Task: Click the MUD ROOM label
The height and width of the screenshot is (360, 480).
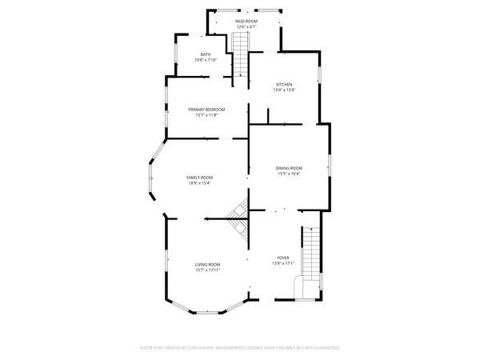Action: coord(246,20)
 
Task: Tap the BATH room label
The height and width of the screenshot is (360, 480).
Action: coord(206,54)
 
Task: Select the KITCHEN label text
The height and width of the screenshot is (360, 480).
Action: coord(284,84)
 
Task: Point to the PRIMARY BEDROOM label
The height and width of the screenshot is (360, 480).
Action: coord(206,109)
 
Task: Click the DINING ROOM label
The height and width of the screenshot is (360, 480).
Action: coord(289,168)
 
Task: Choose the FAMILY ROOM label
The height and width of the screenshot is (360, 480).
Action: coord(199,178)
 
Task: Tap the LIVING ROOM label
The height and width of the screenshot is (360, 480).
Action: coord(207,264)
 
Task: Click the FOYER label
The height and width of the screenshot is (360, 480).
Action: coord(284,258)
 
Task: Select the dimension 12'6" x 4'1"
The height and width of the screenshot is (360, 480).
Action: coord(246,26)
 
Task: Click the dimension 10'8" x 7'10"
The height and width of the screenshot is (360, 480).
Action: coord(206,60)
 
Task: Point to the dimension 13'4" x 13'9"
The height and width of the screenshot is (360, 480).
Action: coord(284,90)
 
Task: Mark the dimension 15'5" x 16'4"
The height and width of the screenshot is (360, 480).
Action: coord(289,174)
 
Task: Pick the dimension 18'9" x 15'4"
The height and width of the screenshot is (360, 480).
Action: coord(199,183)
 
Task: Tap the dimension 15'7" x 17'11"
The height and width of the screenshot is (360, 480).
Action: coord(207,270)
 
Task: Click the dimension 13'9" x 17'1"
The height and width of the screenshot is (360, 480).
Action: coord(284,263)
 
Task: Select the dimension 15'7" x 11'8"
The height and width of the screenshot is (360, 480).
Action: coord(206,114)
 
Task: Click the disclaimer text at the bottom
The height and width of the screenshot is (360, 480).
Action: coord(240,348)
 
